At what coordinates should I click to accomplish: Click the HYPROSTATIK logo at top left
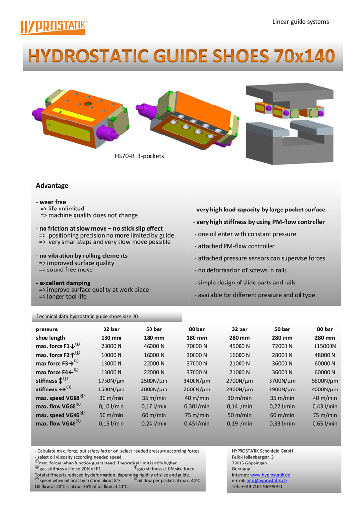coord(53,27)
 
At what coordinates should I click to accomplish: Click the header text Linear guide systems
coord(300,22)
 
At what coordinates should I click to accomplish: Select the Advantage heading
coord(52,186)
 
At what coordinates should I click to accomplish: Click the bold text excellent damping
coord(64,283)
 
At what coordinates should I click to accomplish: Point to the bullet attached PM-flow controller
coord(236,246)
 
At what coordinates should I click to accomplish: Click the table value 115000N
coord(325,346)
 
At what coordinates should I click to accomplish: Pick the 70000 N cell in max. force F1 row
coord(196,346)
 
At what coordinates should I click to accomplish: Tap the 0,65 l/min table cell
coord(325,424)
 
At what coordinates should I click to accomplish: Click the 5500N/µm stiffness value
coord(325,381)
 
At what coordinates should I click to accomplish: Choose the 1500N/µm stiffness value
coord(111,389)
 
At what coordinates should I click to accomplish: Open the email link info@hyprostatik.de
coord(266,481)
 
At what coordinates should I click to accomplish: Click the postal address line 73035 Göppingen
coord(249,463)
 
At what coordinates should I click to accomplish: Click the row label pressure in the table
coord(46,329)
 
